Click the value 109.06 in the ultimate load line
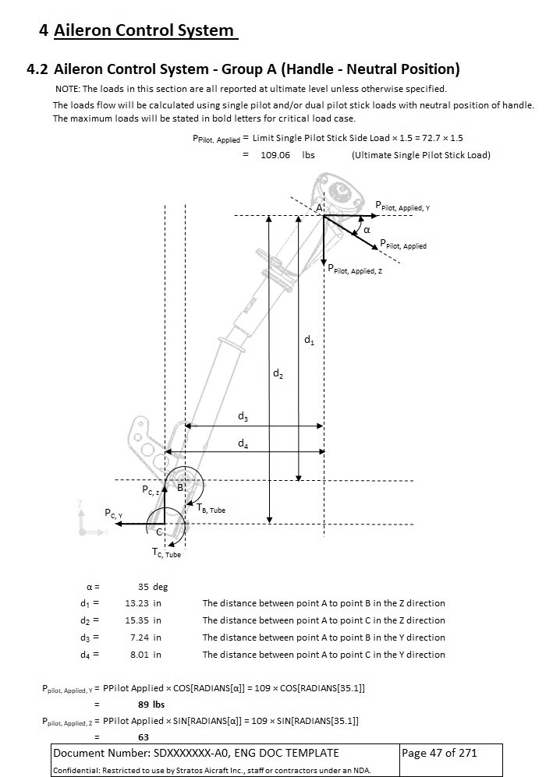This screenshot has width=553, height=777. (275, 155)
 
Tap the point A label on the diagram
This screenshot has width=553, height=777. (320, 208)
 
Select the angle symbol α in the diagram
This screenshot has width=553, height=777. (367, 230)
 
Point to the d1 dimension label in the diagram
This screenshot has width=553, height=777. (309, 341)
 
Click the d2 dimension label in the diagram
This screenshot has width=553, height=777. (278, 374)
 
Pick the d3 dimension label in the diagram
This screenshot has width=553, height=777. (243, 418)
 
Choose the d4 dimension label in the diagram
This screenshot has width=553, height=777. (243, 444)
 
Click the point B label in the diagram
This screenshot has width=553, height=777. (179, 487)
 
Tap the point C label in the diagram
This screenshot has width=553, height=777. (159, 532)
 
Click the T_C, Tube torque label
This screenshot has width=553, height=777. (165, 553)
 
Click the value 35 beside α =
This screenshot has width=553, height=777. (143, 587)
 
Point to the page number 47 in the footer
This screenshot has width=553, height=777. (436, 753)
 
